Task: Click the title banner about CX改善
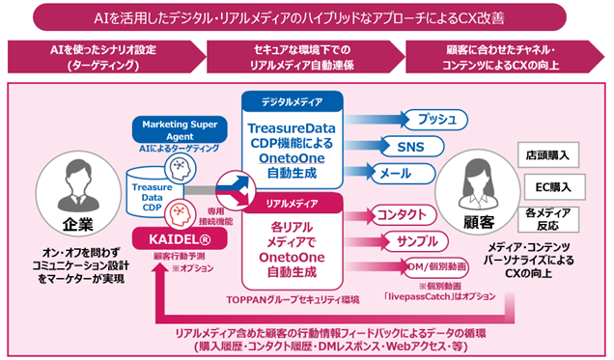click(307, 17)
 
